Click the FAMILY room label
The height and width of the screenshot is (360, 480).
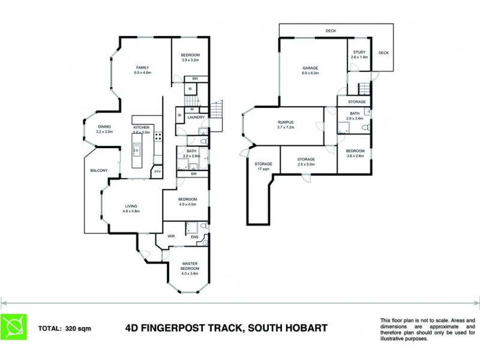click(142, 67)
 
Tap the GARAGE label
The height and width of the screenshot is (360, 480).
click(310, 68)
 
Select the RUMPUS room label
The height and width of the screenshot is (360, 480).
click(284, 122)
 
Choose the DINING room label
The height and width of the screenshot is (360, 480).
click(104, 127)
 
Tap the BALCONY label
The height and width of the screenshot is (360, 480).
click(98, 171)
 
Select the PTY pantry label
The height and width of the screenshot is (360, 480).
click(157, 172)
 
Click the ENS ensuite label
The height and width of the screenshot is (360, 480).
click(194, 238)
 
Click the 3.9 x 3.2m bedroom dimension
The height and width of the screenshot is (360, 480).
click(190, 60)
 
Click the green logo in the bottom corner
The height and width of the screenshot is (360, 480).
click(13, 328)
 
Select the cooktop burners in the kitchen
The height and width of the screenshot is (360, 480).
click(158, 136)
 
